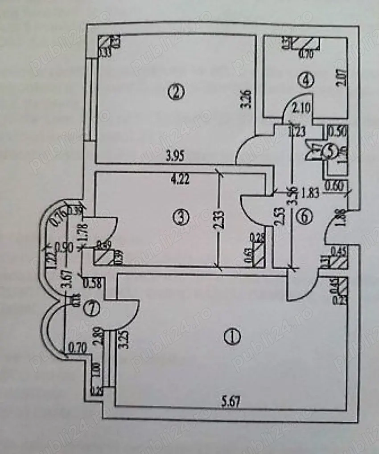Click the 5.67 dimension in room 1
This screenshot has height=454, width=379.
pyautogui.click(x=230, y=400)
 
